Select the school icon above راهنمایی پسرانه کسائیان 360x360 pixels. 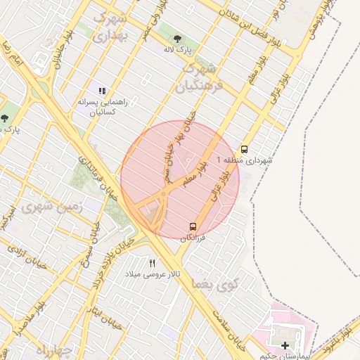pos(103,91)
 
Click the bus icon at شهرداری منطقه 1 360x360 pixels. pos(244,149)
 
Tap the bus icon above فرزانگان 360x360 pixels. pos(193,226)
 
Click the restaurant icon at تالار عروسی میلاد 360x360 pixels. pos(152,263)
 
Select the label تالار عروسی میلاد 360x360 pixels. pos(153,273)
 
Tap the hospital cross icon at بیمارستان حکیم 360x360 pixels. pos(285,345)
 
